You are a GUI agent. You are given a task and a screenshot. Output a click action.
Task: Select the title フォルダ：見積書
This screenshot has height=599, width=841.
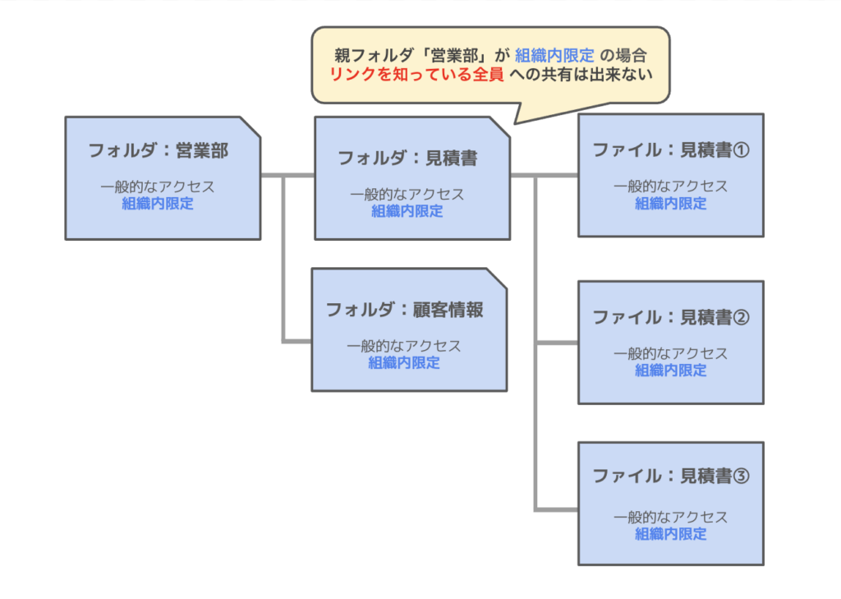[x=407, y=159]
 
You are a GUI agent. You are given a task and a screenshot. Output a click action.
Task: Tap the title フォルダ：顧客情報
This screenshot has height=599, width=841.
[x=404, y=310]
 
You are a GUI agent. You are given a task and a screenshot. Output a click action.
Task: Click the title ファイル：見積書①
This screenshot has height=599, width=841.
[x=671, y=150]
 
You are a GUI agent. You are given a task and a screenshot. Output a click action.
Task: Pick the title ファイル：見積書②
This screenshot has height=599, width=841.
[x=671, y=317]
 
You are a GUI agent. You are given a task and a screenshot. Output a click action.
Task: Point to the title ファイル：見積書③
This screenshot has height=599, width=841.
[x=671, y=477]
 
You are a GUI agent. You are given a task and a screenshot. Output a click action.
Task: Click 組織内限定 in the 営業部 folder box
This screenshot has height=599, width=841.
[x=158, y=204]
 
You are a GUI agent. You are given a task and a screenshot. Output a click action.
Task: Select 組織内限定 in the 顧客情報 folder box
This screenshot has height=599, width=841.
[x=404, y=362]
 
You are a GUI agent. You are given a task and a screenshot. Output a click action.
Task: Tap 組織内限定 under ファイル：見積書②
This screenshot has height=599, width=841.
[x=671, y=370]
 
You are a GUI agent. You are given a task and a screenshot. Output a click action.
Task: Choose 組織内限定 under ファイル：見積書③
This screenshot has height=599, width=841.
[x=671, y=534]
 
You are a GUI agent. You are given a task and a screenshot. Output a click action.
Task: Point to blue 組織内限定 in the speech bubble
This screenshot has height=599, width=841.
[x=554, y=55]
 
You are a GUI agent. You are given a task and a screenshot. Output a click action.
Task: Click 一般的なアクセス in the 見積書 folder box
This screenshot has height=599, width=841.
[x=407, y=195]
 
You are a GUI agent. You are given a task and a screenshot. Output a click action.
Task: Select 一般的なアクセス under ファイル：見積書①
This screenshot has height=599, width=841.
[x=671, y=186]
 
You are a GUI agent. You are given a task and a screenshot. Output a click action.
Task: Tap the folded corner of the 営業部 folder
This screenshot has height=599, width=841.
[x=250, y=127]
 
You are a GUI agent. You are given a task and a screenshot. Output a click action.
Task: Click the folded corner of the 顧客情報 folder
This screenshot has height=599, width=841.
[x=497, y=278]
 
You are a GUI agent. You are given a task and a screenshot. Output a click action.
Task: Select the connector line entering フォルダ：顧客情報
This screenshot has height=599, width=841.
[x=296, y=339]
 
